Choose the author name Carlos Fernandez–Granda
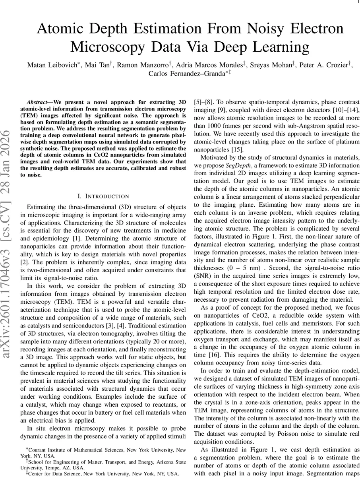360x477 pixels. (181, 74)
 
